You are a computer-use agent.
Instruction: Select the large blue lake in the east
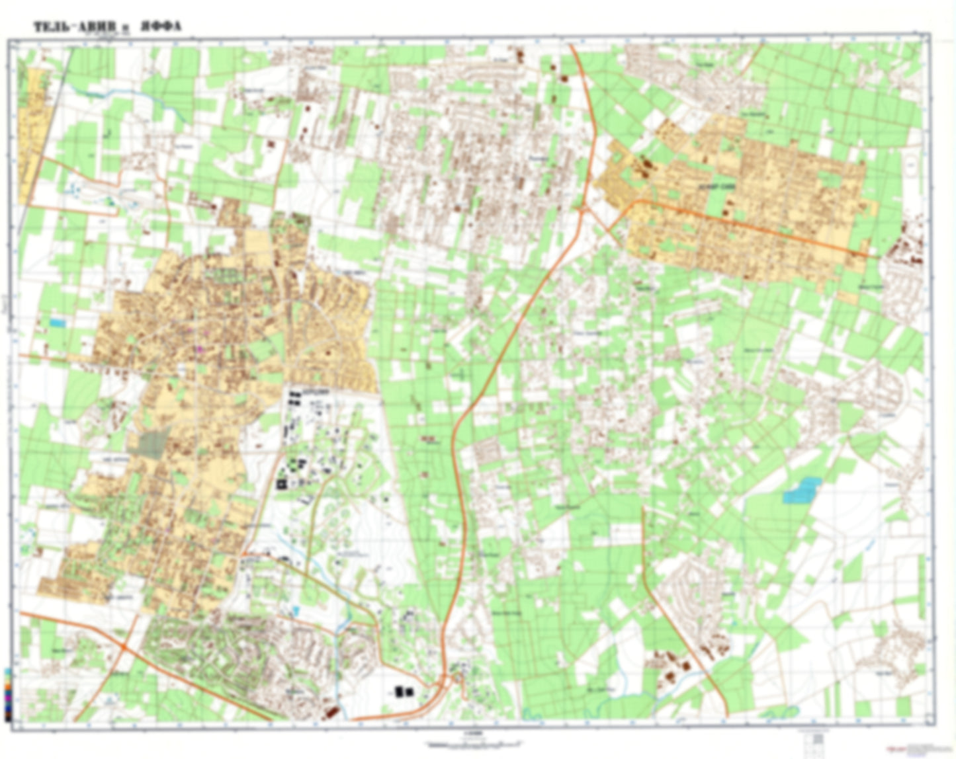802,491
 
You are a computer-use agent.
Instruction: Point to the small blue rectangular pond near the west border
58,323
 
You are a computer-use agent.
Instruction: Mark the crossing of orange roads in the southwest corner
124,647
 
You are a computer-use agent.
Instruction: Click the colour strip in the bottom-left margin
7,694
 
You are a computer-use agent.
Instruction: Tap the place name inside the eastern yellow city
715,188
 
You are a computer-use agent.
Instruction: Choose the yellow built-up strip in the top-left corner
31,132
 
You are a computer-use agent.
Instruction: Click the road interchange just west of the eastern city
584,210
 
